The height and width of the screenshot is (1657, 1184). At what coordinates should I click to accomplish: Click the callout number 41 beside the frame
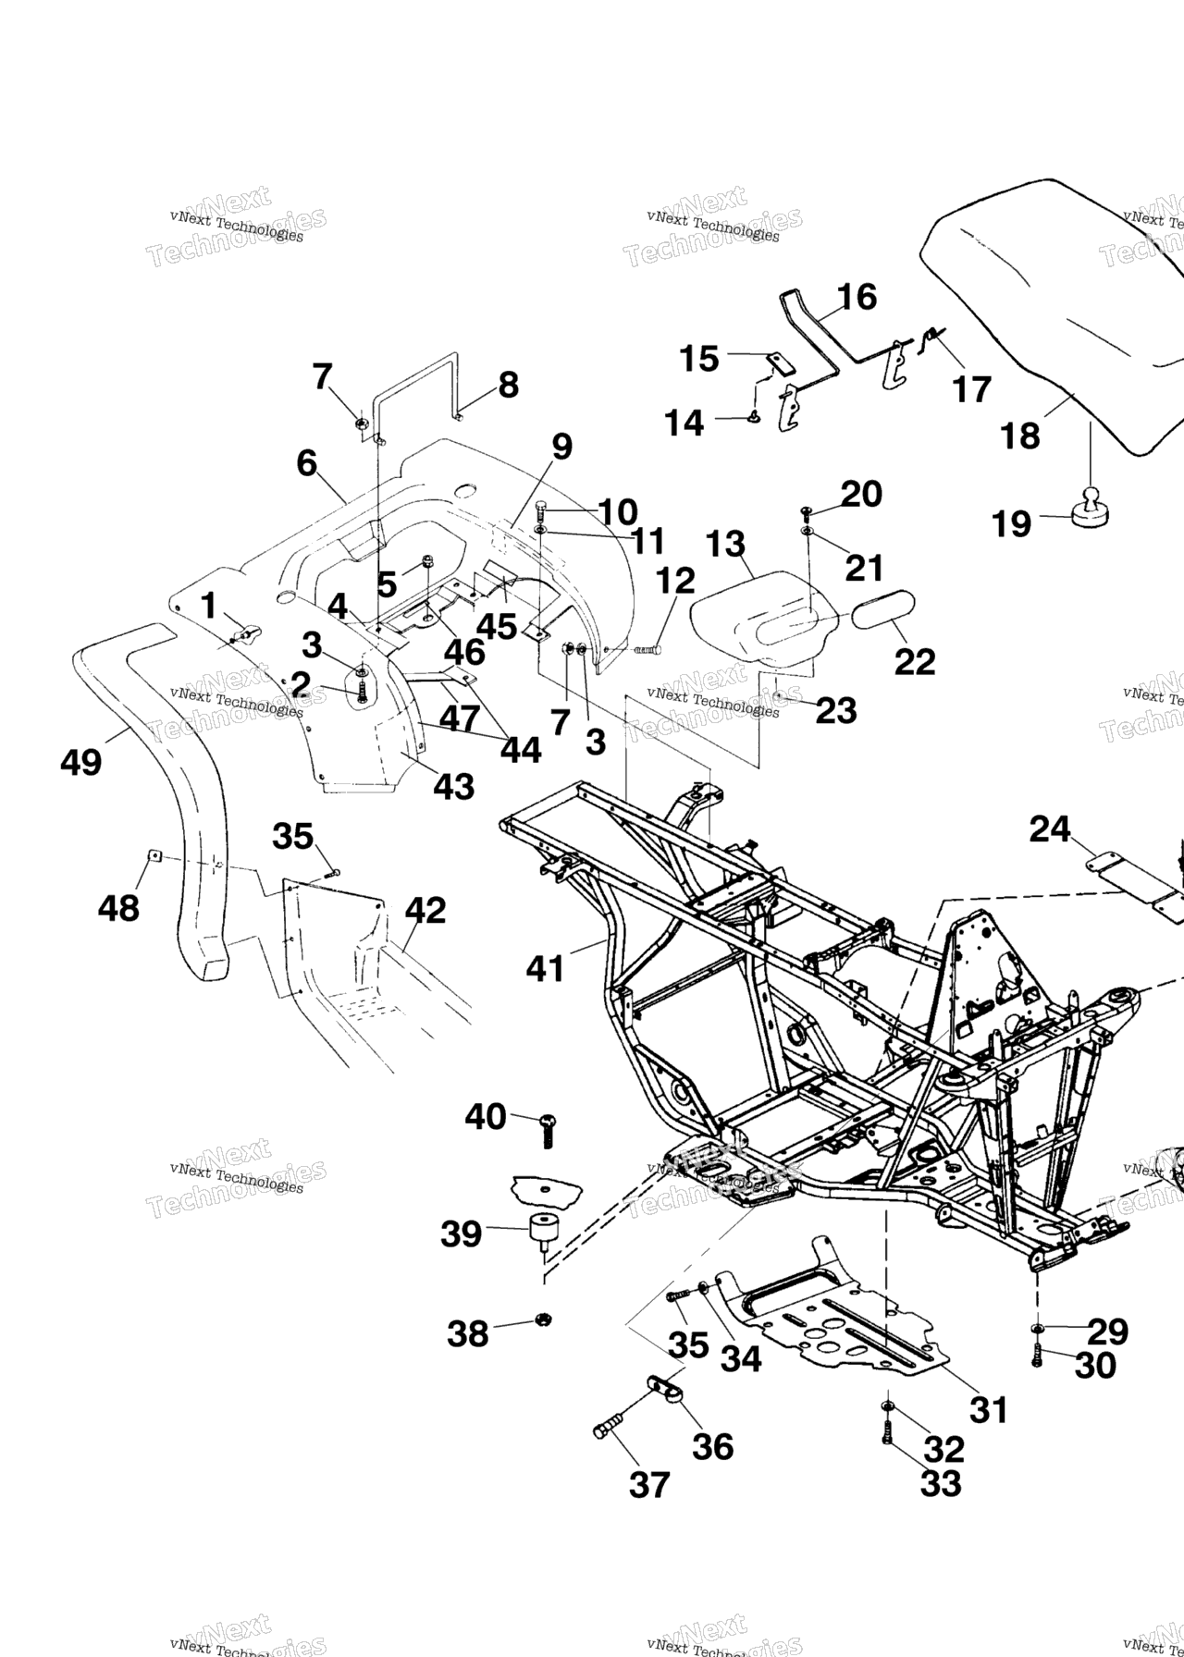pos(545,968)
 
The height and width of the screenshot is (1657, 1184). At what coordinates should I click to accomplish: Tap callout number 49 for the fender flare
pos(80,762)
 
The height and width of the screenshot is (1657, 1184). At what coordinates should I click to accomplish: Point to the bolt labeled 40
pos(547,1129)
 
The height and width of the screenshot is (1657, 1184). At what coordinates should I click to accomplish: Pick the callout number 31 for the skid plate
pos(988,1409)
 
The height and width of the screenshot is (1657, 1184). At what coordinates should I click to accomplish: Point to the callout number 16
pos(857,298)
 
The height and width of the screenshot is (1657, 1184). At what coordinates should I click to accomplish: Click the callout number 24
pos(1051,829)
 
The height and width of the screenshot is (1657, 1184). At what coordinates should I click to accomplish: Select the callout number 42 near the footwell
pos(425,911)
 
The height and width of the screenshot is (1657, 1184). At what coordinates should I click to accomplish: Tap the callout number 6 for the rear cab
pos(306,462)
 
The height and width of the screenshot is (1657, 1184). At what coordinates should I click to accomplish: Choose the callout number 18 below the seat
pos(1020,436)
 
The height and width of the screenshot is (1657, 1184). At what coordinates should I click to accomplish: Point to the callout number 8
pos(508,385)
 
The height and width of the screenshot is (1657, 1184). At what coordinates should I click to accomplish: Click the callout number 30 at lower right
pos(1095,1365)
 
